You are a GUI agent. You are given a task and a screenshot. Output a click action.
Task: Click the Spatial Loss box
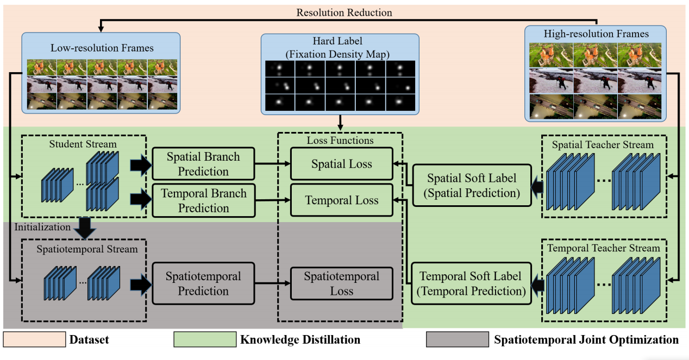[x=341, y=163]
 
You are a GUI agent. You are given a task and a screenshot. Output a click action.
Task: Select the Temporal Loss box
[x=341, y=200]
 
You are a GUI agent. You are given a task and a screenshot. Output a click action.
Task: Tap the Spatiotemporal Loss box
[x=341, y=283]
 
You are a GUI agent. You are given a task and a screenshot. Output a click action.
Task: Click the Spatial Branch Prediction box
[x=203, y=163]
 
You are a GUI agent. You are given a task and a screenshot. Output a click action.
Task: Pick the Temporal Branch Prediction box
[x=203, y=200]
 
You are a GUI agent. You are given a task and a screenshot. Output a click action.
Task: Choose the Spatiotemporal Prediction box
[x=203, y=283]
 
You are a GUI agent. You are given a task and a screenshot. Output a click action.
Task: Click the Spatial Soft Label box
[x=471, y=185]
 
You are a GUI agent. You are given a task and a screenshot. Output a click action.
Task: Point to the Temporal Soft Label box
[x=471, y=283]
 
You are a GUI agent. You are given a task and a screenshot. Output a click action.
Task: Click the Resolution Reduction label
[x=344, y=12]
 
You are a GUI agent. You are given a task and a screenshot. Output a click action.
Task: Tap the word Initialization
[x=43, y=227]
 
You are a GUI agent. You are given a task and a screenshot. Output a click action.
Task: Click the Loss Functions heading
[x=340, y=141]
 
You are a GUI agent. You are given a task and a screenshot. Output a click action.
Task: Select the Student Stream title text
[x=83, y=144]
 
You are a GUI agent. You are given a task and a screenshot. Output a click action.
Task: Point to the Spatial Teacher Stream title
[x=603, y=145]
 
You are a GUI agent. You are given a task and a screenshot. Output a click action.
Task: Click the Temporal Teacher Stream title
[x=603, y=248]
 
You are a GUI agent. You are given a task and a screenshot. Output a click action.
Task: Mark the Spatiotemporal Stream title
[x=87, y=249]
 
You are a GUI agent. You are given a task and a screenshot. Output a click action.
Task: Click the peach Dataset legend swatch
[x=34, y=340]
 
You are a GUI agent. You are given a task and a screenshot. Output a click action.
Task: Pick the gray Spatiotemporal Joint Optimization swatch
[x=457, y=340]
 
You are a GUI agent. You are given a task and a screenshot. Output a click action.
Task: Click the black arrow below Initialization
[x=85, y=228]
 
